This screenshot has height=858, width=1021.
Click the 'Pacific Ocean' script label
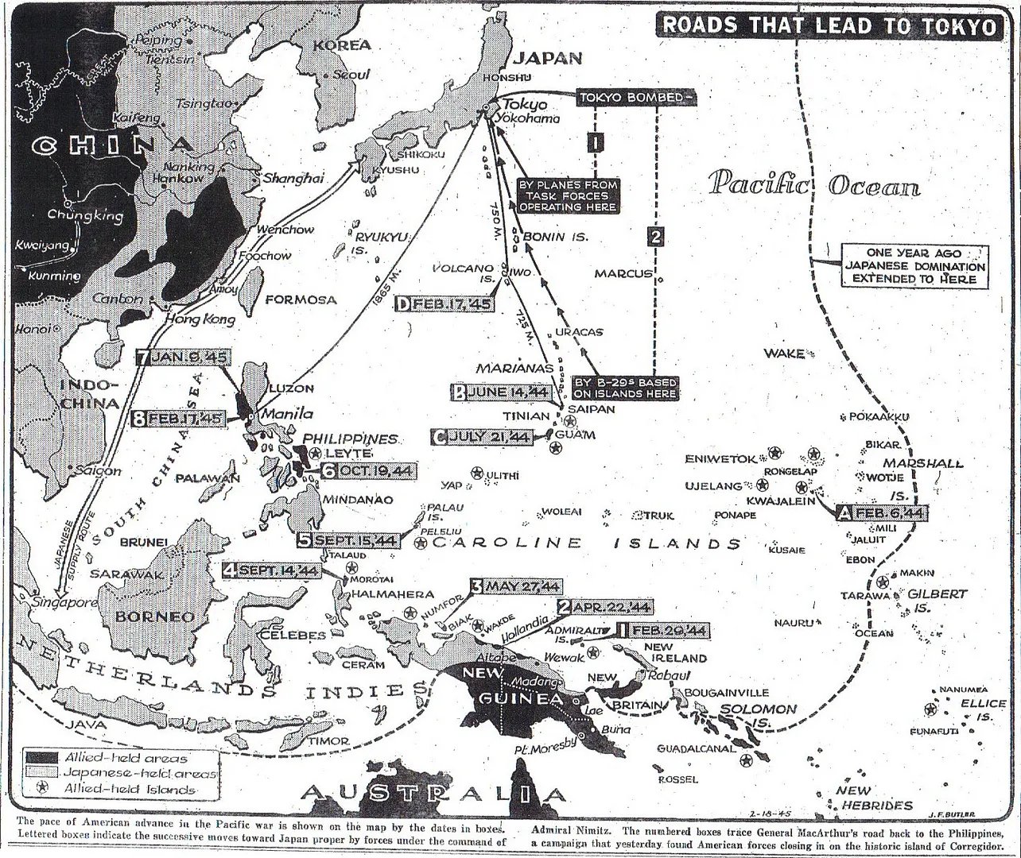click(x=814, y=184)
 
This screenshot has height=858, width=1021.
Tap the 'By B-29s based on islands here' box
click(x=630, y=387)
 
